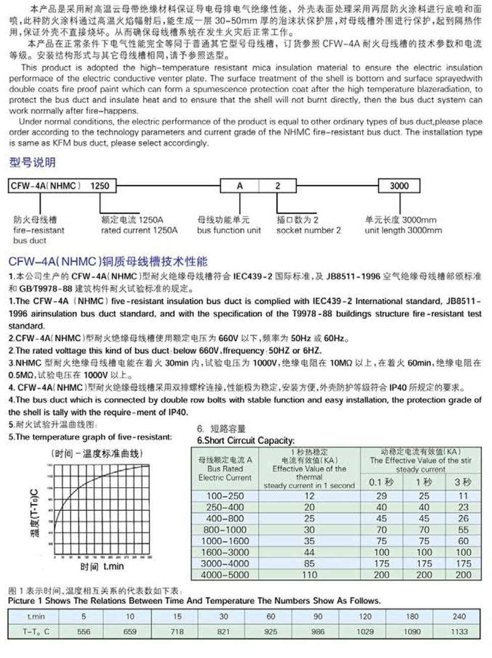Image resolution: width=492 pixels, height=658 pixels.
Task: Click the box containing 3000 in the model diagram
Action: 399,186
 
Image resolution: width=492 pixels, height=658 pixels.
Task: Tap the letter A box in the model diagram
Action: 239,186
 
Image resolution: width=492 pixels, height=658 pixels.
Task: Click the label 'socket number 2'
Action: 309,231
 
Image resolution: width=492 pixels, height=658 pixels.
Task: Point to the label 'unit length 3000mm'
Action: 403,231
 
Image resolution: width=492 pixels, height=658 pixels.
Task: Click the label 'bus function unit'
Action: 229,231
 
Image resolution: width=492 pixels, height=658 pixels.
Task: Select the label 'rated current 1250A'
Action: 139,231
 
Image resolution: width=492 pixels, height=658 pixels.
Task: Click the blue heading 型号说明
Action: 32,163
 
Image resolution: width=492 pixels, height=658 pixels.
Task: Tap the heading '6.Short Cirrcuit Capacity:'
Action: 246,440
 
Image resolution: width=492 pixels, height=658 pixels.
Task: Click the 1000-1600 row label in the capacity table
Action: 225,541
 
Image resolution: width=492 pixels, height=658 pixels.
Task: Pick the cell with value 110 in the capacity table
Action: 309,575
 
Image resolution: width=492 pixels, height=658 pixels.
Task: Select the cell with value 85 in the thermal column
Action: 309,564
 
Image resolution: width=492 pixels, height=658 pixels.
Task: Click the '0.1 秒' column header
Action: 381,482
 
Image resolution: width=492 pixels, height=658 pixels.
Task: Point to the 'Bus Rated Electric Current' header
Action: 225,469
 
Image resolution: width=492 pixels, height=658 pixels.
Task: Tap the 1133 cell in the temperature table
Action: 459,632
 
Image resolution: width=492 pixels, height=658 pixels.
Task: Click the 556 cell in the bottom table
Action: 84,632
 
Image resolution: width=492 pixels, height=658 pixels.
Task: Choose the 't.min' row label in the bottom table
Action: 36,617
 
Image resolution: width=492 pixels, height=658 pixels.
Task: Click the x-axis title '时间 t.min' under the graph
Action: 102,567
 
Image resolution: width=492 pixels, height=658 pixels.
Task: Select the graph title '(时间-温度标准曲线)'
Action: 97,454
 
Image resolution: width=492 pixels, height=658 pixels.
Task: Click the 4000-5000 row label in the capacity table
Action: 225,575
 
